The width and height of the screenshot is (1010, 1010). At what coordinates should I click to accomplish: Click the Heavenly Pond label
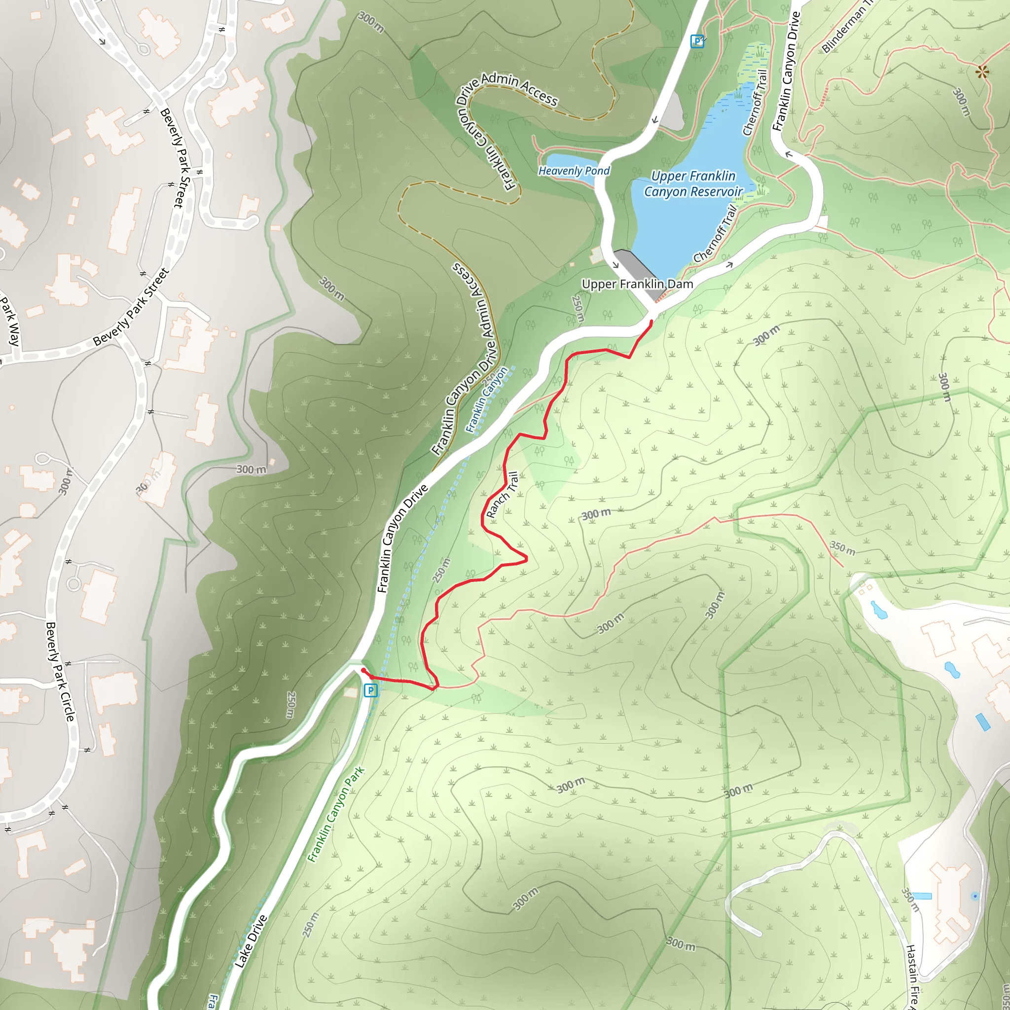[x=574, y=171]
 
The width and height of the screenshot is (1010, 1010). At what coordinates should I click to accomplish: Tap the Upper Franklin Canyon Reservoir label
[x=693, y=184]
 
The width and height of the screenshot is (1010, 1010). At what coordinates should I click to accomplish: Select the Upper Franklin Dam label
[x=637, y=285]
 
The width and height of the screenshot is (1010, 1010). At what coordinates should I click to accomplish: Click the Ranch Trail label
[x=502, y=495]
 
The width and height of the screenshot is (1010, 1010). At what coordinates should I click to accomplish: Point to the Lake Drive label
[x=251, y=941]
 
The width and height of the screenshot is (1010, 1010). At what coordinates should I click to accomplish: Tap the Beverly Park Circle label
[x=60, y=671]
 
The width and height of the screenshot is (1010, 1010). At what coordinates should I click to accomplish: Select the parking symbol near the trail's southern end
[x=370, y=690]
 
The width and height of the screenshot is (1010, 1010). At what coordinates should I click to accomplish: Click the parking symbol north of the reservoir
[x=697, y=41]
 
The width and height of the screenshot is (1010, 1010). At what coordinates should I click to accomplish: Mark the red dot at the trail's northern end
[x=651, y=322]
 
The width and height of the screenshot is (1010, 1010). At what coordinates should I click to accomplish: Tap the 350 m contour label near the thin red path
[x=843, y=548]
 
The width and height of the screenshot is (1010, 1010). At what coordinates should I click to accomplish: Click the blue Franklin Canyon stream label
[x=487, y=399]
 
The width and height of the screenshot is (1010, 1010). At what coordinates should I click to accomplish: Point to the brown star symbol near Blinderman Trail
[x=983, y=72]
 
